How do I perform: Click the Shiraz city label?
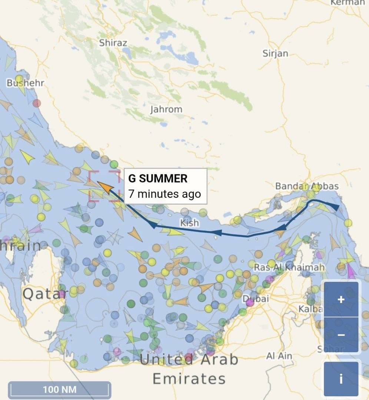tap(113, 43)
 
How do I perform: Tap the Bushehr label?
tap(25, 83)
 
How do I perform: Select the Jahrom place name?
tap(166, 110)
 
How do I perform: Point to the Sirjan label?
tap(275, 53)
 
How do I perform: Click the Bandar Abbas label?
tap(307, 186)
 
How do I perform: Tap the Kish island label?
tap(189, 223)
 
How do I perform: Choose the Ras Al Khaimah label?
tap(289, 267)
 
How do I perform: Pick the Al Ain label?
tap(279, 356)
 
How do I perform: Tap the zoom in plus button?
tap(341, 299)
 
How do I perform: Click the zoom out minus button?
tap(341, 335)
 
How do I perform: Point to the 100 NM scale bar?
tap(60, 390)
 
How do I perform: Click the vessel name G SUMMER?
tap(158, 179)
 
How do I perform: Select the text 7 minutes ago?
tap(164, 194)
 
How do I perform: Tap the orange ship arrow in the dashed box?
tap(105, 187)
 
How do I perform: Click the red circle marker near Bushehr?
tap(37, 103)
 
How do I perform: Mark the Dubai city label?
tap(255, 299)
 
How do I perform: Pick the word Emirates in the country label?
tap(189, 379)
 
